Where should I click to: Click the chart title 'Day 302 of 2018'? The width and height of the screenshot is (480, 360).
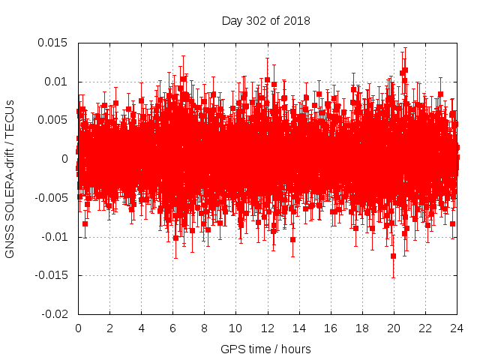(x=265, y=20)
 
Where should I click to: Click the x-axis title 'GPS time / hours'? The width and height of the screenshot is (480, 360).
(x=265, y=349)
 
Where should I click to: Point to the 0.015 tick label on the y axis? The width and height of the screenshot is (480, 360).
(x=53, y=42)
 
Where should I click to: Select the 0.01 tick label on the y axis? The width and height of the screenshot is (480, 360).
(x=56, y=81)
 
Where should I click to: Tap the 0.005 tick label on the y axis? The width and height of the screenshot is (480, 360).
(x=53, y=120)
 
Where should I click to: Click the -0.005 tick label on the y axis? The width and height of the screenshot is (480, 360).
(x=52, y=198)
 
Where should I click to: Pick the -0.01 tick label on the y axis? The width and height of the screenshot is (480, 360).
(x=55, y=237)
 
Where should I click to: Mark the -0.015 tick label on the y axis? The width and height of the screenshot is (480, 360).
(x=52, y=275)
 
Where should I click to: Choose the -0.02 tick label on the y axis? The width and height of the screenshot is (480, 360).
(x=55, y=314)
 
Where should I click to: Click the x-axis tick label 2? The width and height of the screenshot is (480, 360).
(x=109, y=328)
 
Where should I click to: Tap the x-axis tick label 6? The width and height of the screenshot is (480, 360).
(x=172, y=328)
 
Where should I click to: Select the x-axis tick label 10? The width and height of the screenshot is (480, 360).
(x=235, y=328)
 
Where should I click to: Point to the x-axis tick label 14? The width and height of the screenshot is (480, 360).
(x=298, y=328)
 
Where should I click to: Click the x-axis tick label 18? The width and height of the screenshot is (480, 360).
(x=361, y=328)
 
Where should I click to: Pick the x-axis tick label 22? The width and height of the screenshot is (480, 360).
(x=424, y=328)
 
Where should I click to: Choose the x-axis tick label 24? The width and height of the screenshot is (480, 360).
(x=456, y=328)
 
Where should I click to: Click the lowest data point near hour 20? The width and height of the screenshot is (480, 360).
(x=393, y=256)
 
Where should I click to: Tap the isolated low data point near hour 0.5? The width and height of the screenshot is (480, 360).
(x=85, y=223)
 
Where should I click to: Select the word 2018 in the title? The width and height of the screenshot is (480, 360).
(x=295, y=20)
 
